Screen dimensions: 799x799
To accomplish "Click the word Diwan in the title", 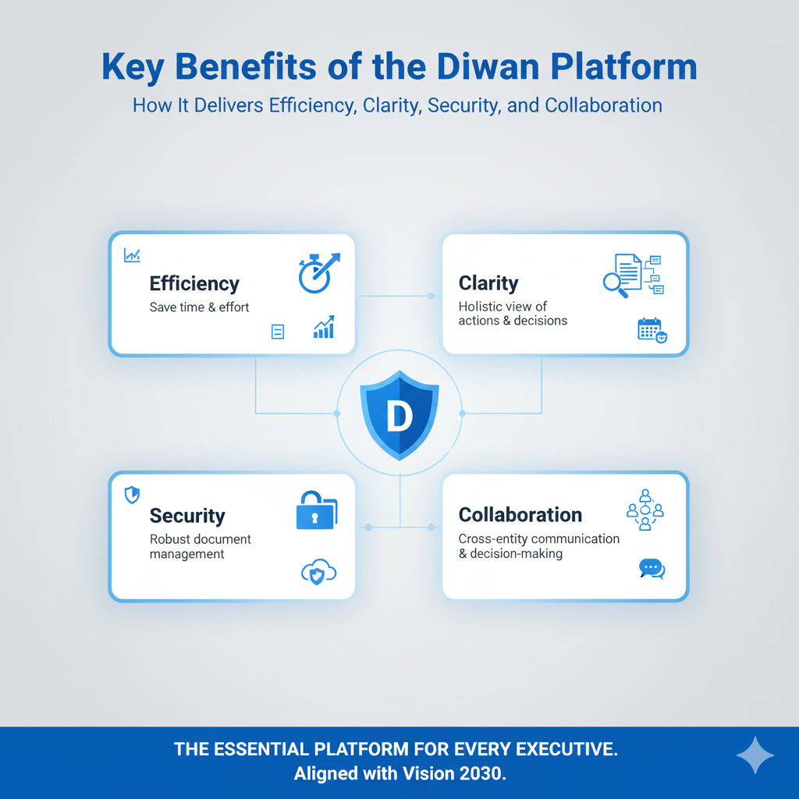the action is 488,67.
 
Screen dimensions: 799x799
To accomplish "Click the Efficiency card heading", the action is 194,284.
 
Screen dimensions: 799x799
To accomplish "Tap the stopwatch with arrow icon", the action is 319,272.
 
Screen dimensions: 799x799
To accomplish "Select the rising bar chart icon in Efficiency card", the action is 324,327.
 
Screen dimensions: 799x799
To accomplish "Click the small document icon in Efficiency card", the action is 278,332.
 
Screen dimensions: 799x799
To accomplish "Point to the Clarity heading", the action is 488,282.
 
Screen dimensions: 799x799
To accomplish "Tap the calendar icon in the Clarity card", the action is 652,330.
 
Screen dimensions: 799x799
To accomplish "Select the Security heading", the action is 187,516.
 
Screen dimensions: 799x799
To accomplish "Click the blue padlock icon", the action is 317,510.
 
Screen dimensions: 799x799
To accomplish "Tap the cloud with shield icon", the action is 318,572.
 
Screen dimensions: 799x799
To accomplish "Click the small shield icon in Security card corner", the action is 132,494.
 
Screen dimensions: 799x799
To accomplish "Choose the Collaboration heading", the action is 520,515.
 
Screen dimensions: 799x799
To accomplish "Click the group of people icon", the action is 645,510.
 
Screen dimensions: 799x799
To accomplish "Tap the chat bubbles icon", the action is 652,569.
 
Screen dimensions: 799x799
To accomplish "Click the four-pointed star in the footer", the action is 755,755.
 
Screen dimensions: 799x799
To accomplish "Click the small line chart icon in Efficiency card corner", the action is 132,255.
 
